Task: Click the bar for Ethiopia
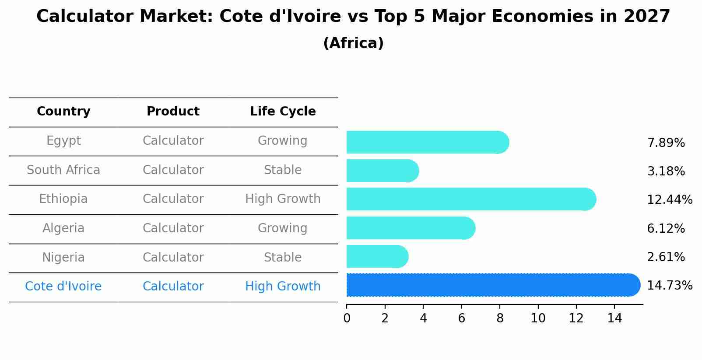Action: [x=470, y=199]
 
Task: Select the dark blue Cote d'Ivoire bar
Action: [x=492, y=285]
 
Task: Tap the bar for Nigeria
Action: [x=377, y=257]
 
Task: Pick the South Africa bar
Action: [x=382, y=171]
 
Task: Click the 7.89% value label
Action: [x=666, y=143]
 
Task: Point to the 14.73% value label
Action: [x=669, y=286]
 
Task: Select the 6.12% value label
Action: [x=666, y=228]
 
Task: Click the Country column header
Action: [x=63, y=112]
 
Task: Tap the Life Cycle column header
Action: [x=283, y=112]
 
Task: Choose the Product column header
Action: [x=173, y=112]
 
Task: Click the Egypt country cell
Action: [x=63, y=141]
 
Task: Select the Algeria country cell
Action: [x=63, y=228]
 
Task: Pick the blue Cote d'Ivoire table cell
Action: [x=63, y=287]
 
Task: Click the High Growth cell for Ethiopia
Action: [x=283, y=199]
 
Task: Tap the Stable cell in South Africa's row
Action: [x=283, y=170]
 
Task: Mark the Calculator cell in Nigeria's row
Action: [x=173, y=257]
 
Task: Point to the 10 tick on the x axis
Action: [x=538, y=318]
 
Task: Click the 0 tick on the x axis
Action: [x=347, y=318]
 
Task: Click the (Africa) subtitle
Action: [x=353, y=43]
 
